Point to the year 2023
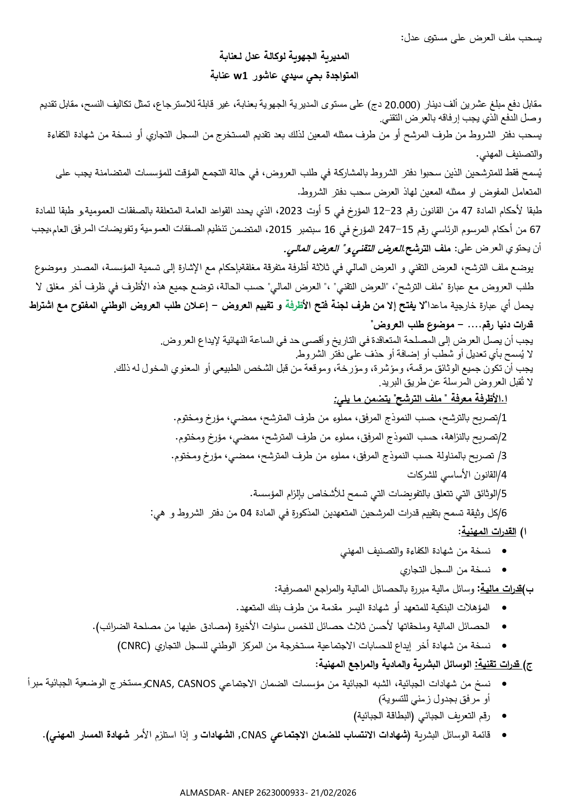(290, 211)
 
